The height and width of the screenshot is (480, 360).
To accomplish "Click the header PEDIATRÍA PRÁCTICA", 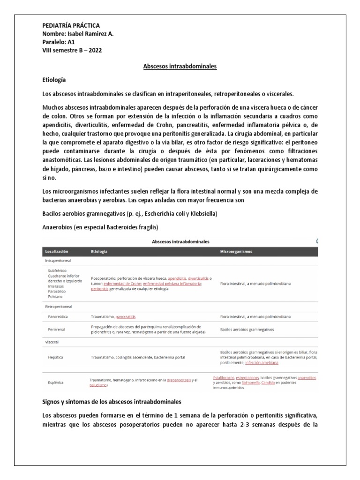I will pyautogui.click(x=71, y=25).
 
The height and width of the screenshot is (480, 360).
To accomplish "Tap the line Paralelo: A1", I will pyautogui.click(x=59, y=42).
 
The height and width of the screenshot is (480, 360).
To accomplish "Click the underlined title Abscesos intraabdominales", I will pyautogui.click(x=180, y=67).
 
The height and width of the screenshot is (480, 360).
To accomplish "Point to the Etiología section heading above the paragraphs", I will pyautogui.click(x=54, y=80).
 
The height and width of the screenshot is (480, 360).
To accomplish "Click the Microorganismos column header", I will pyautogui.click(x=236, y=251).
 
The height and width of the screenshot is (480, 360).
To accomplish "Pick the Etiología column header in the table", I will pyautogui.click(x=100, y=251).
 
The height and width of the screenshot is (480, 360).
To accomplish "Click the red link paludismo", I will pyautogui.click(x=99, y=385).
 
